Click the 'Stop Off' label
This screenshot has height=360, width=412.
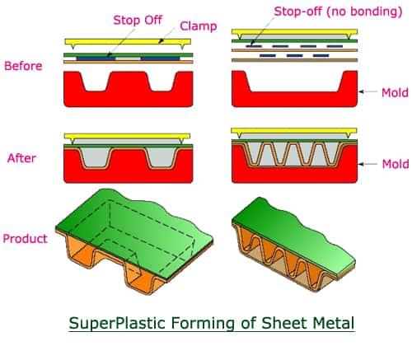[138, 21]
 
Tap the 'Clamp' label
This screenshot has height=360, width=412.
[199, 26]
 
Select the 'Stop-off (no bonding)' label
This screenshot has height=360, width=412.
[338, 12]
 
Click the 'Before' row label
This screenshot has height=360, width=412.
[23, 66]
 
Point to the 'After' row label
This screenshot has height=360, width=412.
[22, 158]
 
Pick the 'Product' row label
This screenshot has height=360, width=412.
[26, 239]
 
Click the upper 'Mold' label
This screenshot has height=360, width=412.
[395, 93]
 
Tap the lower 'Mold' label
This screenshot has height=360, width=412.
[396, 164]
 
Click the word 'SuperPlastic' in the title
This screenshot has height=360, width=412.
[117, 323]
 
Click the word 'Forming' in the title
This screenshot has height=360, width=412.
[203, 323]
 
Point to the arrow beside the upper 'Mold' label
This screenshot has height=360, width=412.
[368, 91]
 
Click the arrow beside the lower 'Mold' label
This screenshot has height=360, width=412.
[368, 164]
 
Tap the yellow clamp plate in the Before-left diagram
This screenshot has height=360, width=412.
[128, 42]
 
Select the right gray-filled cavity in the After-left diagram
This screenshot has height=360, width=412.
[161, 157]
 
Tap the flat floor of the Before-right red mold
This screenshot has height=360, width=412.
[294, 91]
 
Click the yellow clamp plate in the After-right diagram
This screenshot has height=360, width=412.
[294, 131]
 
